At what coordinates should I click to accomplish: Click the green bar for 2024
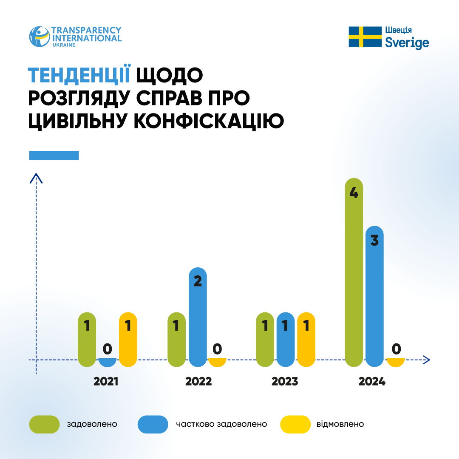tap(354, 272)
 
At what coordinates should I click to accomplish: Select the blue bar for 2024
tap(374, 296)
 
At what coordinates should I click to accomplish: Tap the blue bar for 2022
tap(198, 317)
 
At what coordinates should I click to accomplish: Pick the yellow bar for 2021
tap(128, 340)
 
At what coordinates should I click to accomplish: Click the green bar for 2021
tap(87, 340)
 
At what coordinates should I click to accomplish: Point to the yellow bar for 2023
tap(306, 340)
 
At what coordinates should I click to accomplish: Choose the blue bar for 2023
tap(285, 340)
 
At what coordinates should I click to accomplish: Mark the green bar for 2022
tap(177, 340)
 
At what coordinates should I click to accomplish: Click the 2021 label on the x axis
tap(106, 381)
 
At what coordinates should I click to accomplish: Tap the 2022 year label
tap(198, 381)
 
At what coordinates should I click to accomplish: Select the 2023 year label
tap(285, 381)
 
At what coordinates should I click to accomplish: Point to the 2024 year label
tap(372, 381)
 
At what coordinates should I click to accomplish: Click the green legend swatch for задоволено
tap(44, 424)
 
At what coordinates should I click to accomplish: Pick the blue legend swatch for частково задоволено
tap(153, 424)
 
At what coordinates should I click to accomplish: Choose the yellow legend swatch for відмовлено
tap(295, 424)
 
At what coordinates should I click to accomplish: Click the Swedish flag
tap(365, 37)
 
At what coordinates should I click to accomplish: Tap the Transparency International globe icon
tap(39, 37)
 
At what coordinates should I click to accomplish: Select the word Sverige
tap(407, 43)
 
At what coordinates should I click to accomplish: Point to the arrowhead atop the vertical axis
tap(37, 178)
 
